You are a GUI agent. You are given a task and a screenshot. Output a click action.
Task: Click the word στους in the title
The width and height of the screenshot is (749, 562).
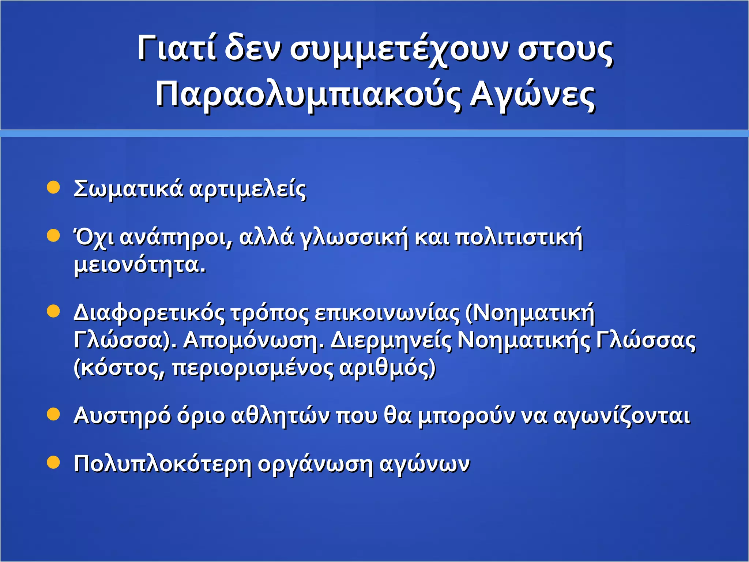565,50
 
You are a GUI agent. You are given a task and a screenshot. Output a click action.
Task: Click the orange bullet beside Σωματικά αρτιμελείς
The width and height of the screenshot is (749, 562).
53,187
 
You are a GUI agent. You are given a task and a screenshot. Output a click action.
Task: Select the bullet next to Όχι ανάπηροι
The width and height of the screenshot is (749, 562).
53,236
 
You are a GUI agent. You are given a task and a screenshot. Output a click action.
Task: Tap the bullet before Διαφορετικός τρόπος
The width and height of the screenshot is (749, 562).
53,311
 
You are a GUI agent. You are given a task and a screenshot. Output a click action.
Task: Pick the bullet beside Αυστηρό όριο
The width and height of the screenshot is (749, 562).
53,415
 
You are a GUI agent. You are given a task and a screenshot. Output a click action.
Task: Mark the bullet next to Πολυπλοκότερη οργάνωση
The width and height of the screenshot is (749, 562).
53,462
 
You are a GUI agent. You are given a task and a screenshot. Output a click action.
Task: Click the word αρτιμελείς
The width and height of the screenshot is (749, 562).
248,190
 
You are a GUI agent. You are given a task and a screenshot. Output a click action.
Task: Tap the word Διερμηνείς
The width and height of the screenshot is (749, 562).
391,340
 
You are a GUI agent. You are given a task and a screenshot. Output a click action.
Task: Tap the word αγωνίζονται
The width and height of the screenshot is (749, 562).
622,416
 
